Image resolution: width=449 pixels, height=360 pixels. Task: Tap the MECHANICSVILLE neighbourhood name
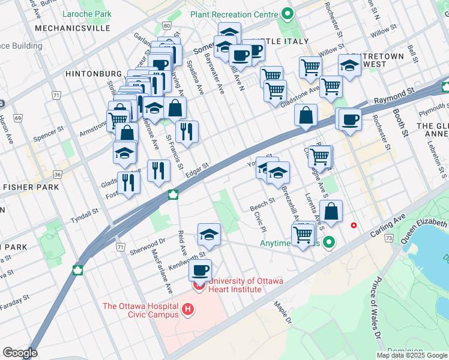[72, 28]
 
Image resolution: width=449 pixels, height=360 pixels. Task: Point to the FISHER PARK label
[31, 187]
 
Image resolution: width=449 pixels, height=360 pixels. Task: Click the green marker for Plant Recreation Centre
[287, 13]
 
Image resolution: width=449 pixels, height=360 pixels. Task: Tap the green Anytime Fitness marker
[328, 243]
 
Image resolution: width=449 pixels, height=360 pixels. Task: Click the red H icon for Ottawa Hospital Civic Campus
[188, 310]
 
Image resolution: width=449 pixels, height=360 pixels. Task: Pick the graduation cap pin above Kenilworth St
[209, 234]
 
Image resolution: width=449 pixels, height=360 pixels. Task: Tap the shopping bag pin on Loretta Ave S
[331, 211]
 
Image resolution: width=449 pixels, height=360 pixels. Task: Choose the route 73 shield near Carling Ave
[390, 238]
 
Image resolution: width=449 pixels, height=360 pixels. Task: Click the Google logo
[20, 353]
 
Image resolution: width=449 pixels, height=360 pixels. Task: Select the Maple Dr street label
[282, 313]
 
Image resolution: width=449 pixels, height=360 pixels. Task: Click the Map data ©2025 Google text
[412, 355]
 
